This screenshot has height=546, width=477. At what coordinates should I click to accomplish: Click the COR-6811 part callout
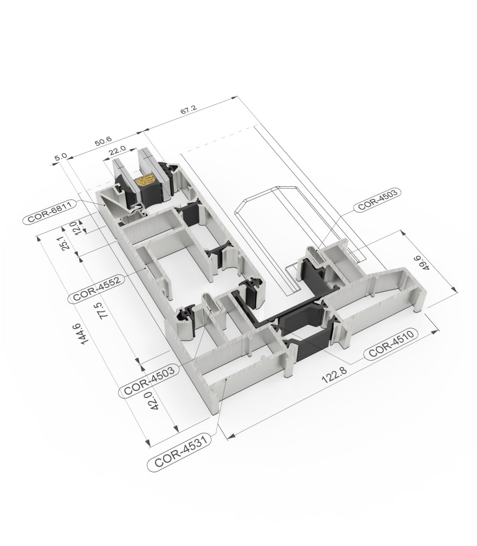50,212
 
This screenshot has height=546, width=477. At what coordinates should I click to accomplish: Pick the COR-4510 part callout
391,343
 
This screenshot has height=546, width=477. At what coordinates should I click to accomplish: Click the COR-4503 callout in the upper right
377,199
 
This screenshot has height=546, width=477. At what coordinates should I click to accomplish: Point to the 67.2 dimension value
189,110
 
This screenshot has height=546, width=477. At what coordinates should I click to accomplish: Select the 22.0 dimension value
117,151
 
